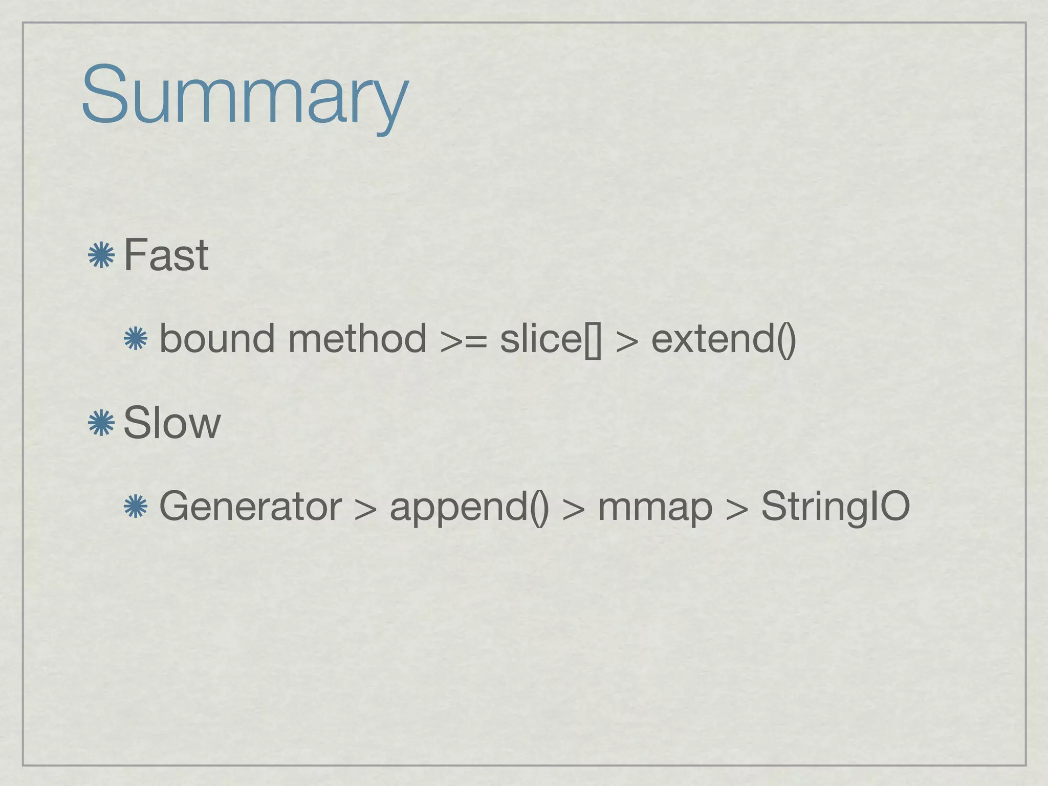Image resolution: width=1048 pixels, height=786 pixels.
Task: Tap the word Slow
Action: pos(172,423)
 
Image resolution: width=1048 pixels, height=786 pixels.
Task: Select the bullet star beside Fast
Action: pos(101,255)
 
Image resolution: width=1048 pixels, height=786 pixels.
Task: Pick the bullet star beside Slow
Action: pos(101,423)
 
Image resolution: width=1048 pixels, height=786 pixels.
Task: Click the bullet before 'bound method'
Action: pos(136,339)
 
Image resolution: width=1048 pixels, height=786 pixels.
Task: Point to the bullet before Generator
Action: pos(136,507)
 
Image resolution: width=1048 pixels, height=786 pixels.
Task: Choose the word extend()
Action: pos(724,339)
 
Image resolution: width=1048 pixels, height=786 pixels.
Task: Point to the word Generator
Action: pos(250,506)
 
